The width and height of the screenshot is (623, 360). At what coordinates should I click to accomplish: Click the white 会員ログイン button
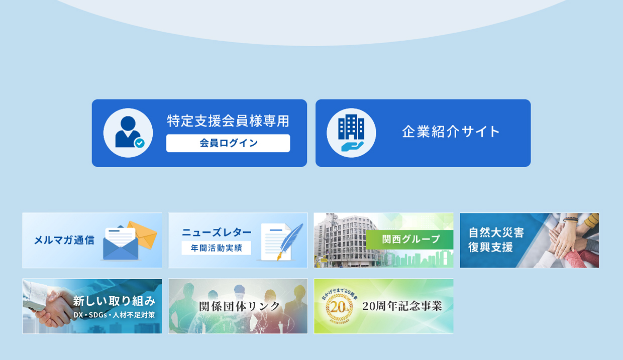228,143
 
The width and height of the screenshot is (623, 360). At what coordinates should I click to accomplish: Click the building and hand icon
351,133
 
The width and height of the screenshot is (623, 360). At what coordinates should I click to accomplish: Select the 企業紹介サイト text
451,132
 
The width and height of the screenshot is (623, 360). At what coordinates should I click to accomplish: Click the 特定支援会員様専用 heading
228,121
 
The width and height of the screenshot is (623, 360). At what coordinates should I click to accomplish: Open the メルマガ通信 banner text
64,240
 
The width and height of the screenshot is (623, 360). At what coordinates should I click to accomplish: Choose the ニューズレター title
217,232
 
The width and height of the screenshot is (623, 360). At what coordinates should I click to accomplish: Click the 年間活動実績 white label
217,248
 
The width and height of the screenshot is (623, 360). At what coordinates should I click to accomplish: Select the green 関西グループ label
409,239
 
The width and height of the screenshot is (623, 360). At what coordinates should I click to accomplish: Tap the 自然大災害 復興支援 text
496,240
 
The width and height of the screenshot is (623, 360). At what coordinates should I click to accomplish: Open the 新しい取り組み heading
114,301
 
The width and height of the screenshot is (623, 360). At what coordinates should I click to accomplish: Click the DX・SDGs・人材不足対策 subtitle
114,315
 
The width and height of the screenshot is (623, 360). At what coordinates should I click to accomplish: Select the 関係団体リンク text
240,306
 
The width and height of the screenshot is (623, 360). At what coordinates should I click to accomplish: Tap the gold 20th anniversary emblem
339,307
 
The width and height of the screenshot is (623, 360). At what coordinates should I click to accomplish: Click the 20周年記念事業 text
402,306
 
